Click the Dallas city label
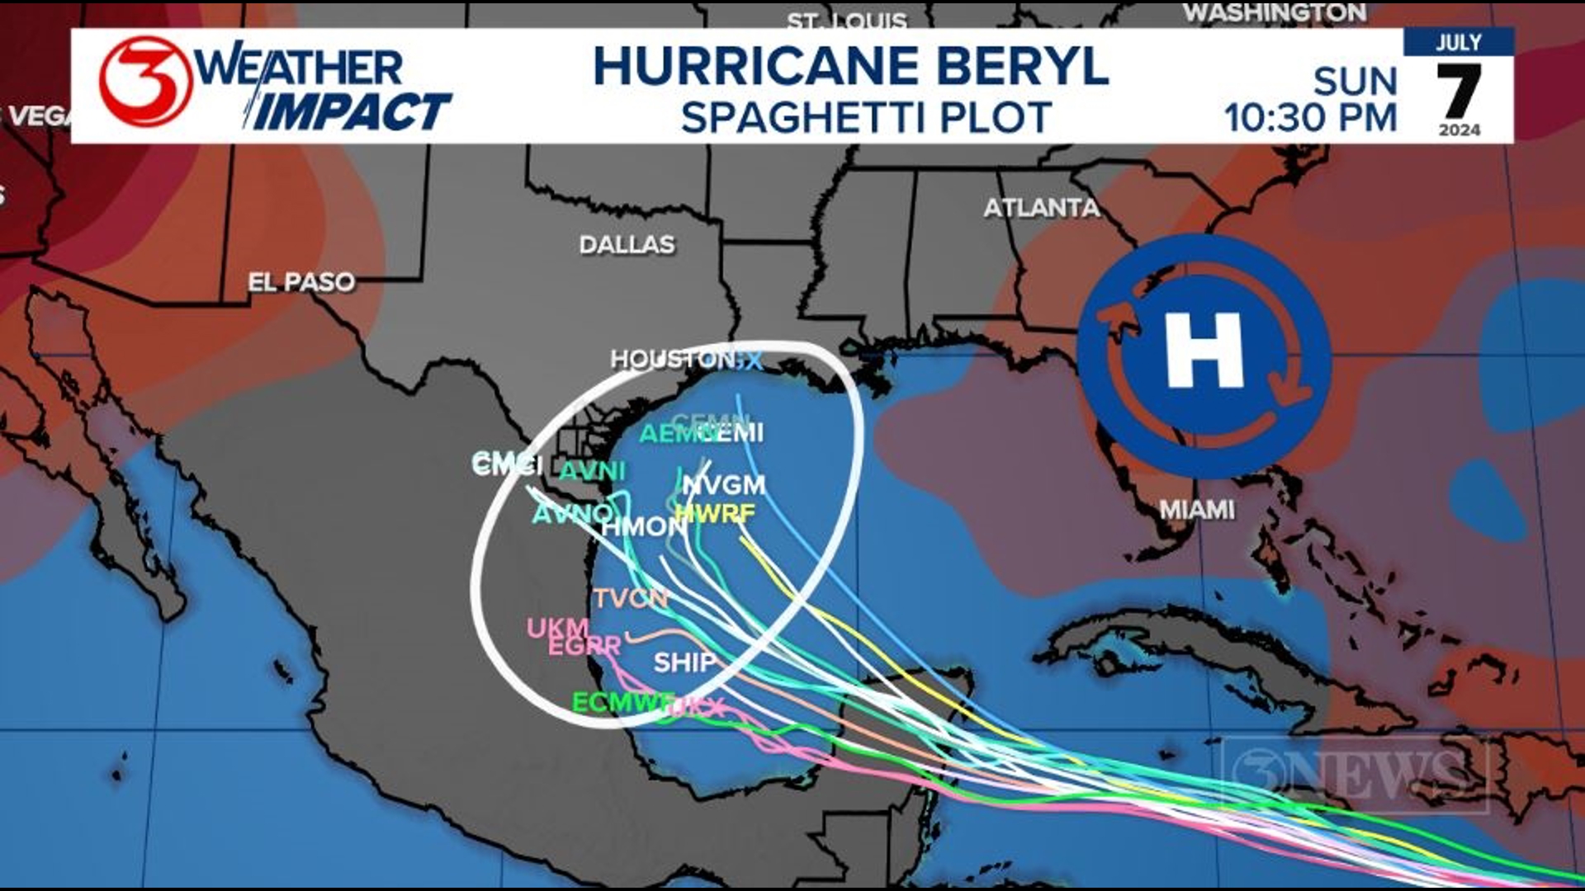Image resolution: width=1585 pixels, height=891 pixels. click(627, 245)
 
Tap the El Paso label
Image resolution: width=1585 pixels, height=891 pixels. click(301, 282)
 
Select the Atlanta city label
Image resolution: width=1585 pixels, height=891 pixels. click(1041, 208)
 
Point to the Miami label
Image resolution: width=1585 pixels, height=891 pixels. click(1197, 510)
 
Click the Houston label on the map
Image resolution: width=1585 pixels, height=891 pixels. click(673, 359)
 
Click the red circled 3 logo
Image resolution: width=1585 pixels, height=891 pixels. click(145, 82)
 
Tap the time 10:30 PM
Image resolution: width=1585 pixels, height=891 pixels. click(1310, 118)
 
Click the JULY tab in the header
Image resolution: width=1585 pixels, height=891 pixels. click(1458, 43)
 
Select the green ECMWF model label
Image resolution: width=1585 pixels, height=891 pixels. click(622, 703)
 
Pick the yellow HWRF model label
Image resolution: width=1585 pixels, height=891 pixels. click(715, 514)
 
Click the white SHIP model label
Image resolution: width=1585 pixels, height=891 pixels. click(684, 662)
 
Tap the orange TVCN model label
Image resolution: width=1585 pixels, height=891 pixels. click(631, 598)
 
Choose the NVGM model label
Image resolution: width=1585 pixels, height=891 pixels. click(724, 485)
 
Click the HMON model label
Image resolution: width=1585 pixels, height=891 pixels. click(644, 526)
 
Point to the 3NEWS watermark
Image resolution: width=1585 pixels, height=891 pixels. click(1354, 774)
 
